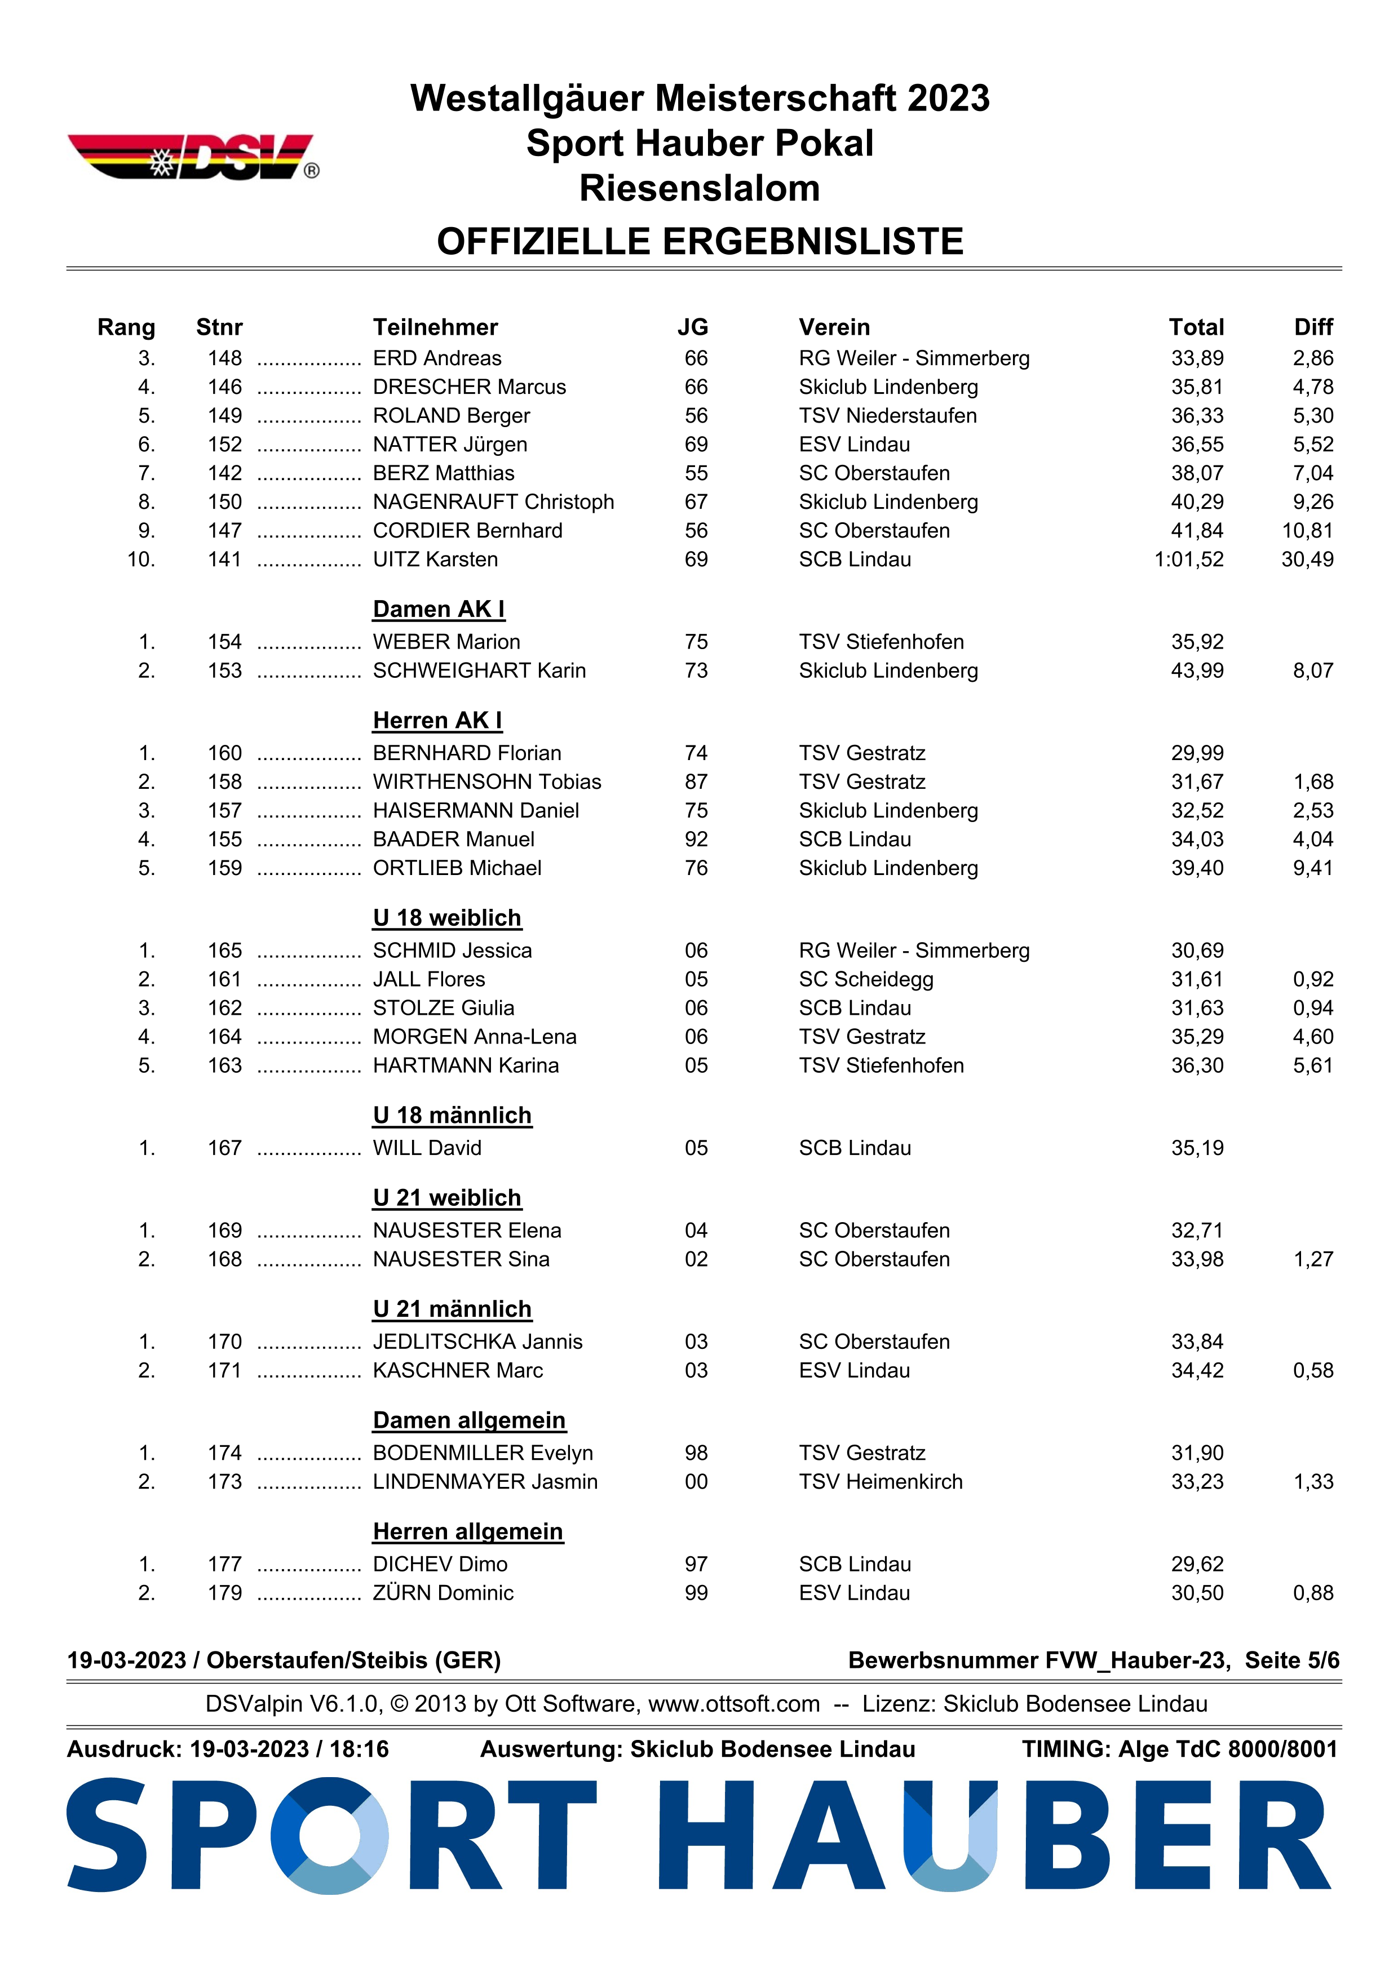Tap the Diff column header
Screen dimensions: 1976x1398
[x=1313, y=327]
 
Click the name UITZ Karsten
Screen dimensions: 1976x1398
[x=435, y=560]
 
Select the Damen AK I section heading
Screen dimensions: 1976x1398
[x=438, y=609]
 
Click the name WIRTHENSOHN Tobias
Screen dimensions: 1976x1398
[x=486, y=781]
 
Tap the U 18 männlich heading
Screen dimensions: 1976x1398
[x=452, y=1116]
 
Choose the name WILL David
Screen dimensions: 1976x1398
[x=427, y=1148]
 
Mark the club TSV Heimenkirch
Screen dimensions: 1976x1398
[x=880, y=1481]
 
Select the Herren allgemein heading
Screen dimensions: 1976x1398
[x=467, y=1532]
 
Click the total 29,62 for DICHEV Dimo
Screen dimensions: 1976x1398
[x=1197, y=1564]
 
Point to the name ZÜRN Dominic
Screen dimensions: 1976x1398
[x=443, y=1593]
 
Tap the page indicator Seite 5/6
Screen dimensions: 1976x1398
[x=1291, y=1660]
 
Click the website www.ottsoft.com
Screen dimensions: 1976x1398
[x=733, y=1704]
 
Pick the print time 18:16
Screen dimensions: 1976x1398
[x=359, y=1749]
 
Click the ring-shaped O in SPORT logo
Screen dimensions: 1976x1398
[x=330, y=1836]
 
